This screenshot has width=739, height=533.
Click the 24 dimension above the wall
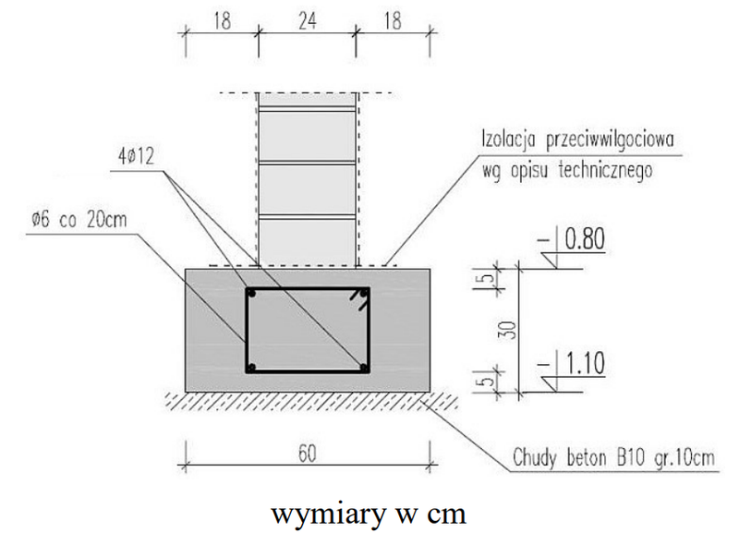(307, 21)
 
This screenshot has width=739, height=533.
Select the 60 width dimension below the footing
(307, 454)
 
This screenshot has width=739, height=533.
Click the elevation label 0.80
(585, 239)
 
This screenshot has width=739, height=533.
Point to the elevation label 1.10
(585, 363)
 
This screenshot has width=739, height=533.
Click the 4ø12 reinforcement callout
(136, 156)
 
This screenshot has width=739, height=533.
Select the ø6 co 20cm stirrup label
(79, 220)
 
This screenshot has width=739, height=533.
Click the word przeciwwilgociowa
(610, 140)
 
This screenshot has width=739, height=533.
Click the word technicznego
(605, 170)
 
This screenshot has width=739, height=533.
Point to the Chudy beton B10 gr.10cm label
(613, 457)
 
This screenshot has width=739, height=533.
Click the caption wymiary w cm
(369, 514)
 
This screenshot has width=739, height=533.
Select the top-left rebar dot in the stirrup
(252, 294)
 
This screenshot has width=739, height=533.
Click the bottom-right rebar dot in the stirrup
(363, 367)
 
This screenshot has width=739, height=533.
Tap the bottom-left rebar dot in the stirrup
(252, 367)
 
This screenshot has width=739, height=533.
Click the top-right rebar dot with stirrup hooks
(363, 294)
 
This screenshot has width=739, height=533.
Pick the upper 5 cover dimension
(490, 279)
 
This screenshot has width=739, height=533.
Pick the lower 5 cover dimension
(490, 380)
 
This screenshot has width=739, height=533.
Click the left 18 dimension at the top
(222, 21)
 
